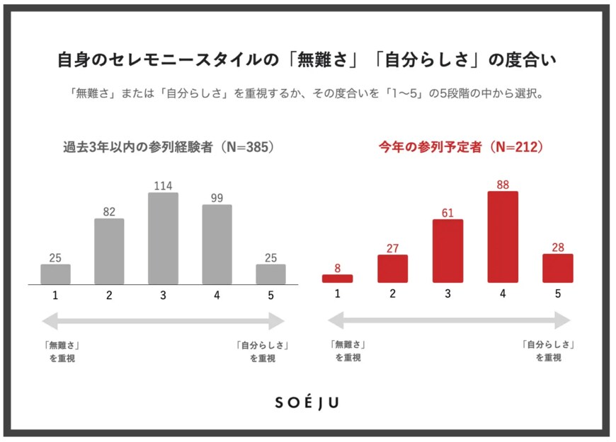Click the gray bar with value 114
click(x=163, y=238)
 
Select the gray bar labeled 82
click(x=109, y=251)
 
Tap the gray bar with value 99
click(x=217, y=245)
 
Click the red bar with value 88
click(x=503, y=237)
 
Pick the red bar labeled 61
click(x=447, y=251)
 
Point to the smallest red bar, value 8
click(x=337, y=279)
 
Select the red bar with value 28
click(x=558, y=268)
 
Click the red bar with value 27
click(x=392, y=269)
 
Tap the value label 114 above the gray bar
click(x=163, y=185)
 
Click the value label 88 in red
click(x=503, y=185)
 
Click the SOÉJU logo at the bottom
click(x=307, y=402)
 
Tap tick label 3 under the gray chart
click(x=163, y=295)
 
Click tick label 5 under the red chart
click(x=558, y=293)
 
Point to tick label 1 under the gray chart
click(x=55, y=295)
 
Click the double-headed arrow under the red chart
click(x=449, y=321)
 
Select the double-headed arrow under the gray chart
click(x=164, y=322)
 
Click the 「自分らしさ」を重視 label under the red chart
click(x=548, y=351)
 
